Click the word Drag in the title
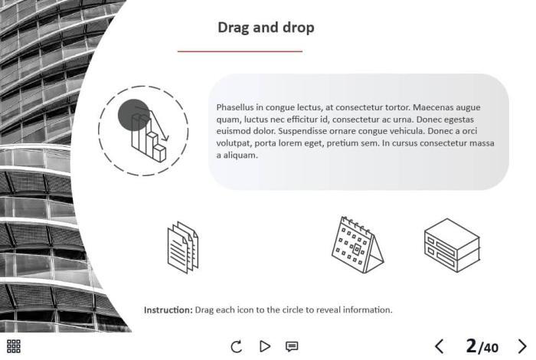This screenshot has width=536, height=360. [234, 28]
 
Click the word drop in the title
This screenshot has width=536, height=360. [299, 28]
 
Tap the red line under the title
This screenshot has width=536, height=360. [240, 51]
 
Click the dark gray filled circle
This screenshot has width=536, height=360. [134, 115]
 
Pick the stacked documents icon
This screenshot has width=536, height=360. [183, 247]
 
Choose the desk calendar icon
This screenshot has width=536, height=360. [358, 245]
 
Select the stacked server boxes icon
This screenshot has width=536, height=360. [452, 245]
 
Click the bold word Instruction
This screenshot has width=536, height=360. [168, 310]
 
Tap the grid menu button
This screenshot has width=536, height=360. [14, 346]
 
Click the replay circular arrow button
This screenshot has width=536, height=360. [236, 346]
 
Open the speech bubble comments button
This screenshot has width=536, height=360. [292, 347]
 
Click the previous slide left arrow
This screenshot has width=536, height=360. [440, 346]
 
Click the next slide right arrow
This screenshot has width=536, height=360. [522, 346]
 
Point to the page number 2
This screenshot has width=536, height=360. [472, 345]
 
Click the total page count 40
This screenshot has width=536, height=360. [491, 348]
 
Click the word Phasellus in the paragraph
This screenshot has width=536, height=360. [235, 107]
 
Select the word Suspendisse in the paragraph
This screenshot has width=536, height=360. [300, 131]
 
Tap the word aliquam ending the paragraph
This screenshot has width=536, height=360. [240, 155]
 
